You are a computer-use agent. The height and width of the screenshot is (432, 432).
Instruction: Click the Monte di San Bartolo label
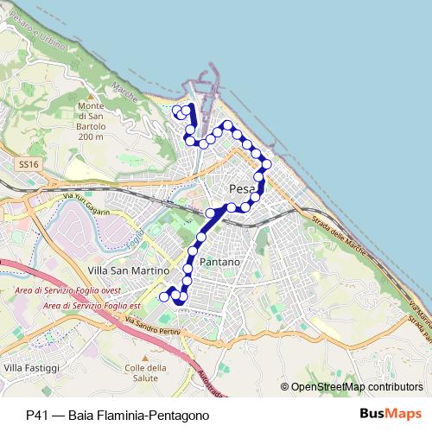pos(91,121)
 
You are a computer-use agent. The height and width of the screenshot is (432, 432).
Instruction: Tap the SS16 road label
pos(28,163)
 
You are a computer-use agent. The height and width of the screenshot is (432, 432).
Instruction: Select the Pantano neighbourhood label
pos(219,261)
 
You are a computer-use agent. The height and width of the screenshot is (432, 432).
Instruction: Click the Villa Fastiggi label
pos(32,369)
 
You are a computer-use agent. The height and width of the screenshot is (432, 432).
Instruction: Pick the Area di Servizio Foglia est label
pos(86,305)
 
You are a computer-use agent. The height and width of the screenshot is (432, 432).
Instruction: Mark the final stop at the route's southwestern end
pos(163,297)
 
